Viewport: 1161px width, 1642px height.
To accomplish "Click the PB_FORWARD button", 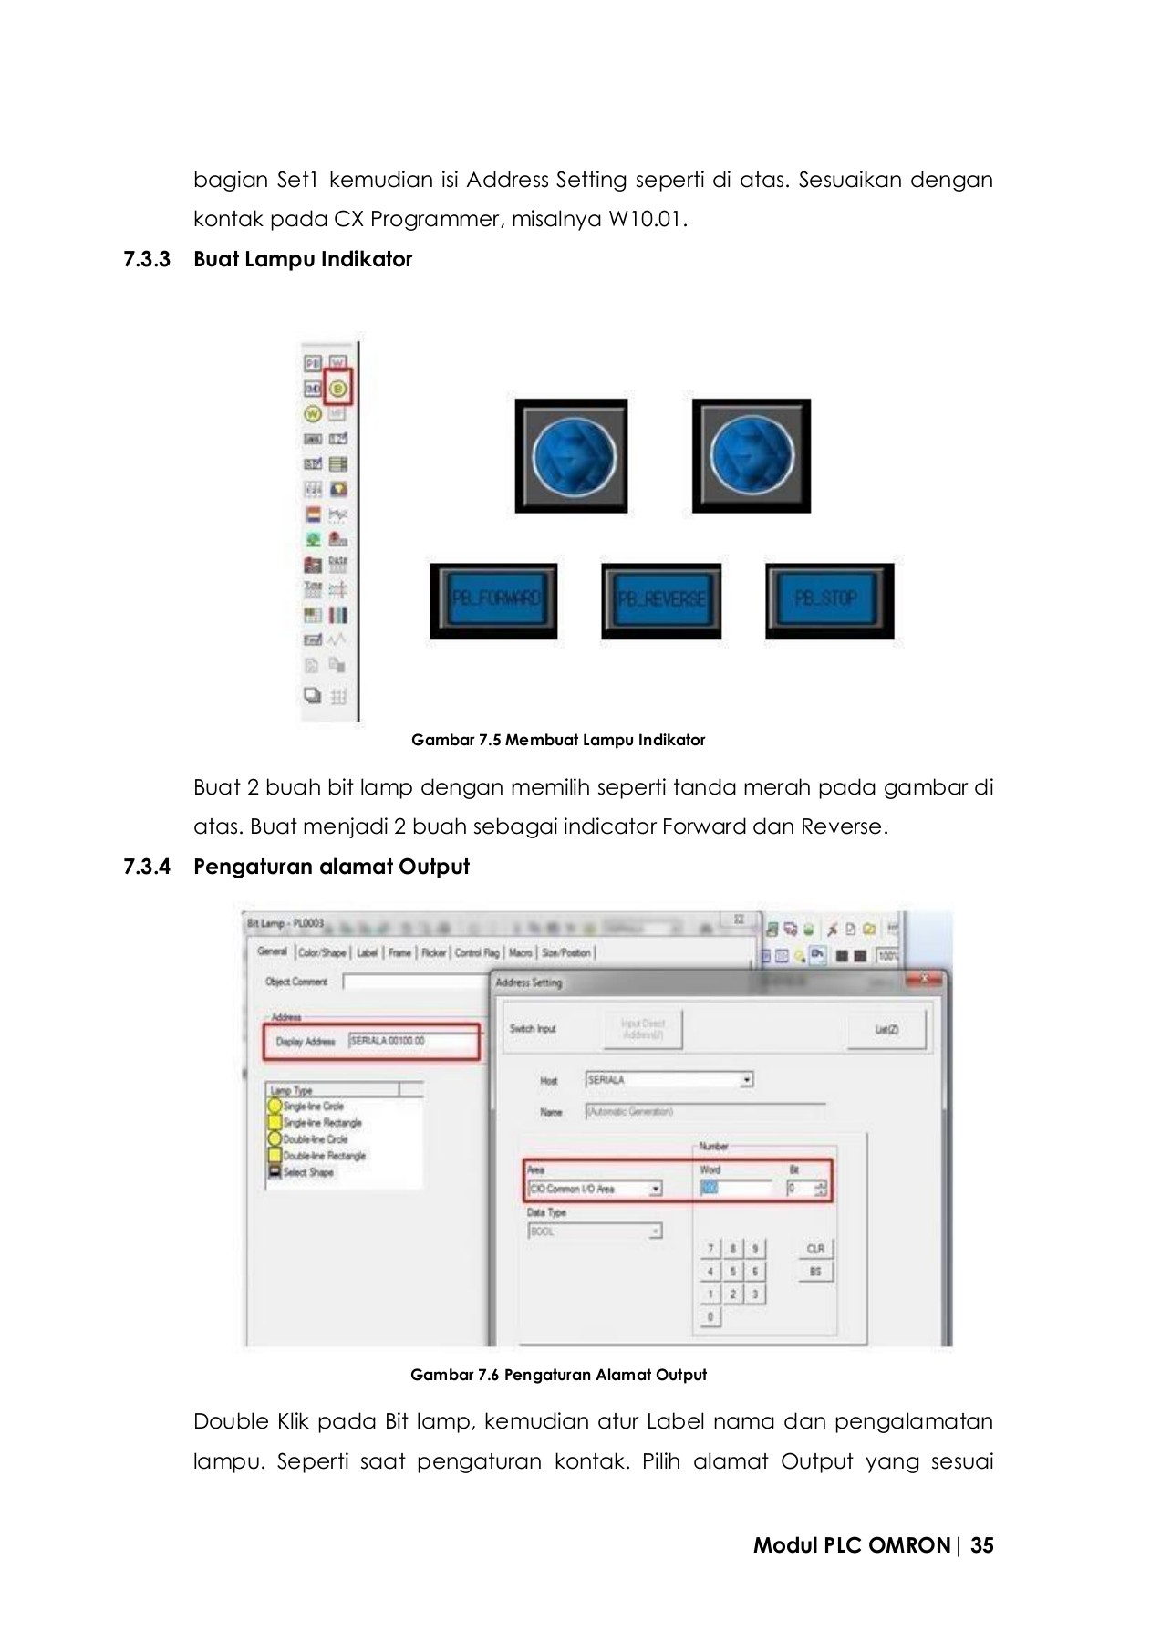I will [x=493, y=599].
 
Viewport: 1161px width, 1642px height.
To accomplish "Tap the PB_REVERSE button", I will [x=661, y=599].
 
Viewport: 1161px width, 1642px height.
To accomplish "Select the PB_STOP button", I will [x=829, y=599].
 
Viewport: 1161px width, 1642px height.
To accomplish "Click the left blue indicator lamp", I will [x=572, y=455].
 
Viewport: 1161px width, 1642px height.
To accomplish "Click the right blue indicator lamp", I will [x=751, y=455].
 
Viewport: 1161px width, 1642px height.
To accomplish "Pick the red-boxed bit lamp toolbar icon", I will [x=338, y=390].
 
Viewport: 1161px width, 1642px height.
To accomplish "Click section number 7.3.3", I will [x=147, y=260].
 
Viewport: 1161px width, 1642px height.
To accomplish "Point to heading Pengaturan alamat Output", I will [x=331, y=867].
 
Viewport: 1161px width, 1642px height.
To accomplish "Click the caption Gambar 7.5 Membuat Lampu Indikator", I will [x=558, y=740].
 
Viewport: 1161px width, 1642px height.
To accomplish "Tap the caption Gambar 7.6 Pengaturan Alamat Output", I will [x=558, y=1375].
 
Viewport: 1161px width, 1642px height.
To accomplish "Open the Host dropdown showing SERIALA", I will [x=669, y=1080].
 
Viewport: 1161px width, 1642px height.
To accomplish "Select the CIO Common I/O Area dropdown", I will [x=595, y=1189].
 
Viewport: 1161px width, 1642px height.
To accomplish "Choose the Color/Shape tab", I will [x=322, y=952].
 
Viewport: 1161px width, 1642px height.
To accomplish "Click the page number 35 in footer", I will [x=982, y=1545].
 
